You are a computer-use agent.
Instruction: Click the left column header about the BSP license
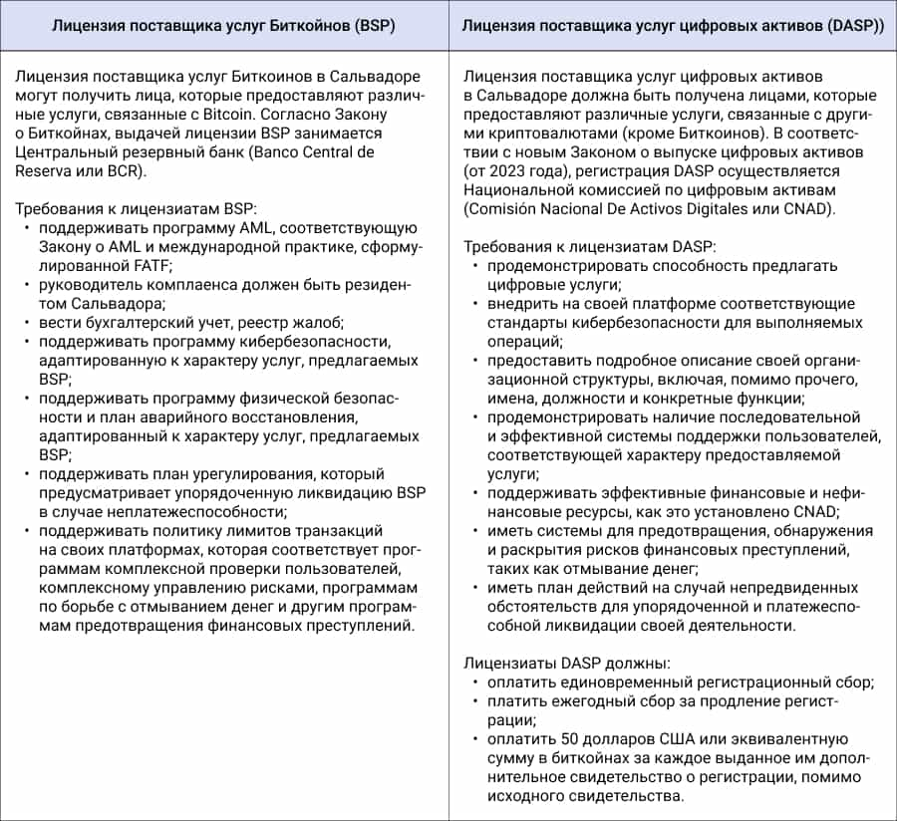pyautogui.click(x=224, y=27)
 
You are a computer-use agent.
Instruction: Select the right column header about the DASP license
pyautogui.click(x=673, y=27)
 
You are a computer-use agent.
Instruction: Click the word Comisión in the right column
pyautogui.click(x=501, y=209)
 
